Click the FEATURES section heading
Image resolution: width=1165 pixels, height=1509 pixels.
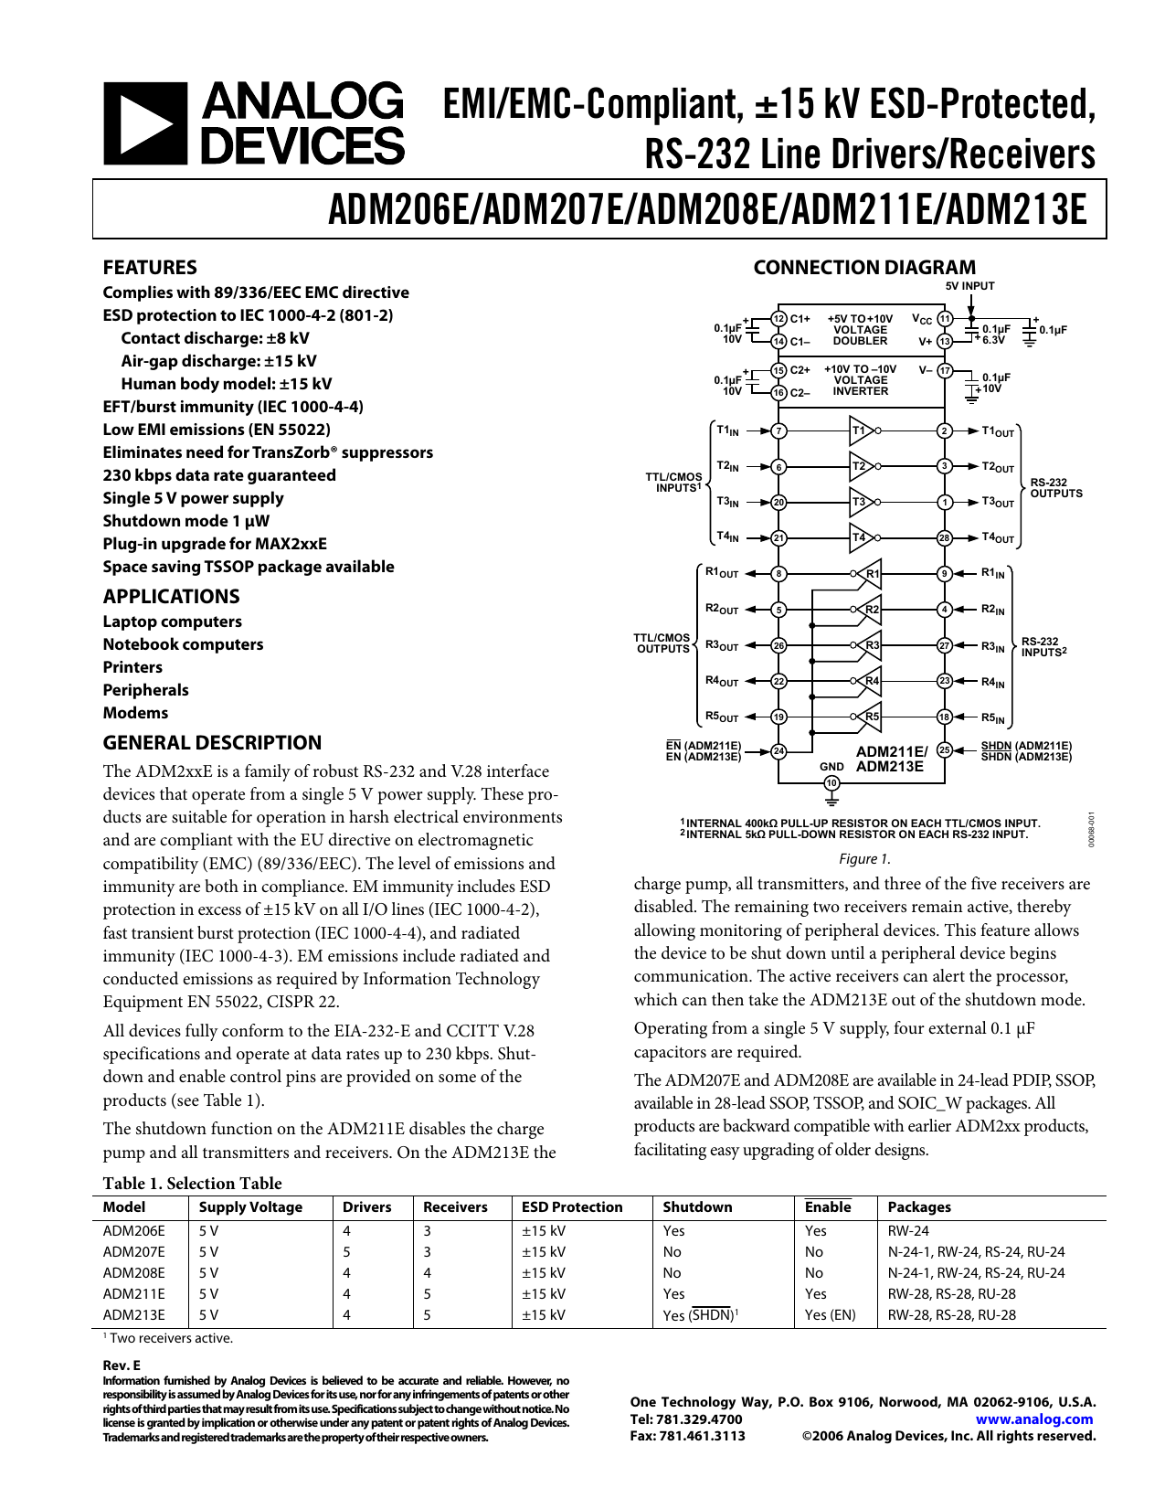pyautogui.click(x=150, y=268)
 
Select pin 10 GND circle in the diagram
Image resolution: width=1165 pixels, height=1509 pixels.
pyautogui.click(x=831, y=782)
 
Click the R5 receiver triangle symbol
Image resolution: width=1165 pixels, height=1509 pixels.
pyautogui.click(x=870, y=717)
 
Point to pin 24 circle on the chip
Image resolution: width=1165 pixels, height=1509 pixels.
pyautogui.click(x=778, y=751)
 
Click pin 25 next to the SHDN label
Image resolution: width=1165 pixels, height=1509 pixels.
pyautogui.click(x=945, y=749)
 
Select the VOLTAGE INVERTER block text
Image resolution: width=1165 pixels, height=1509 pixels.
pyautogui.click(x=860, y=380)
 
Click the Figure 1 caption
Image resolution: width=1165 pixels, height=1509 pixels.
pyautogui.click(x=863, y=859)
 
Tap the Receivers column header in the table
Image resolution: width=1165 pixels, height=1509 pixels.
pyautogui.click(x=455, y=1207)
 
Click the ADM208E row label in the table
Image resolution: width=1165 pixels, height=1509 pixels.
pyautogui.click(x=134, y=1273)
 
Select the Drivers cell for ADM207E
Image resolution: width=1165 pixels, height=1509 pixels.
pyautogui.click(x=346, y=1252)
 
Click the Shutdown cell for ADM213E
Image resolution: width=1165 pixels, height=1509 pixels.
pyautogui.click(x=700, y=1315)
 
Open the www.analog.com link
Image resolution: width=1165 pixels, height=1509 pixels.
pyautogui.click(x=1034, y=1419)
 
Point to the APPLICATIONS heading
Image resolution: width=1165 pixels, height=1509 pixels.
pyautogui.click(x=171, y=597)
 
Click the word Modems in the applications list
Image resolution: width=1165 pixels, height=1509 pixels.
pyautogui.click(x=135, y=713)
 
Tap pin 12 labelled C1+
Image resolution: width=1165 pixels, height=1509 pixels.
pyautogui.click(x=778, y=318)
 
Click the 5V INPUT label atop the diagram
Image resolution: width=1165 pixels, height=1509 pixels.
pyautogui.click(x=969, y=286)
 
